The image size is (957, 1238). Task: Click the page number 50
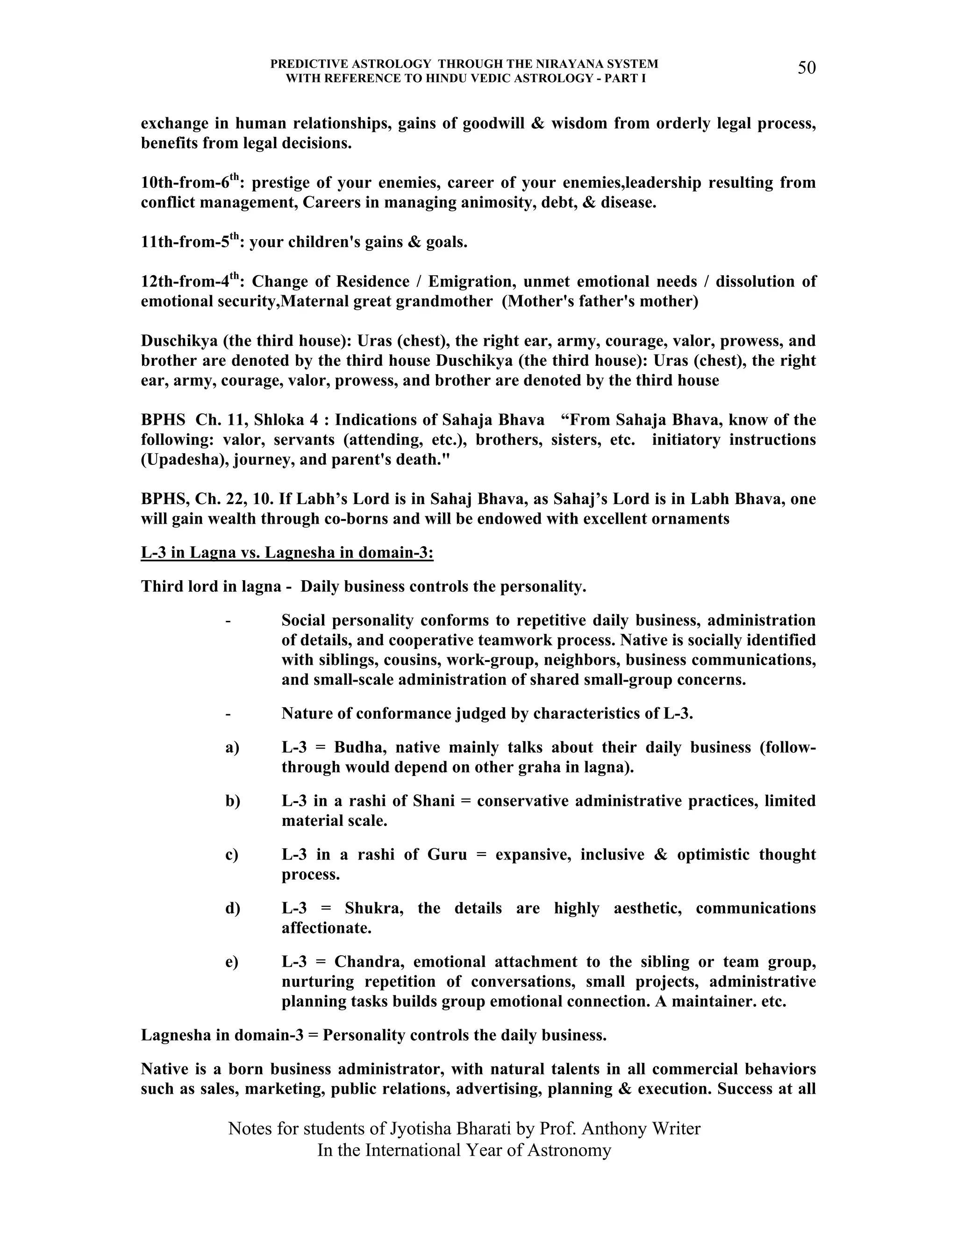(x=806, y=68)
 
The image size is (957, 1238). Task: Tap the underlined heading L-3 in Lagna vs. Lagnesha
(x=287, y=552)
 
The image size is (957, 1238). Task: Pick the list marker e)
(x=232, y=962)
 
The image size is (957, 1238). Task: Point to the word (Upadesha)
(x=178, y=460)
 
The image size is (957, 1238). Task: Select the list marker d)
(x=232, y=908)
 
